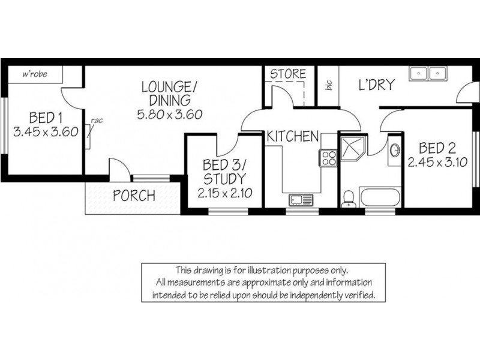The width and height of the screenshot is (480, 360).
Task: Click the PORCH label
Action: point(134,196)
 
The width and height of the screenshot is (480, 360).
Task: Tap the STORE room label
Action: point(287,74)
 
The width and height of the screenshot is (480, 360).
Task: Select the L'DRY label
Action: point(376,85)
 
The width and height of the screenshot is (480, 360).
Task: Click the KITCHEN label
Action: point(292,136)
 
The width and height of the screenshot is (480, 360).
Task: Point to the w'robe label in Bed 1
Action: point(34,74)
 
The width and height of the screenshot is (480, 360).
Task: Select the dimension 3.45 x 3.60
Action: point(46,132)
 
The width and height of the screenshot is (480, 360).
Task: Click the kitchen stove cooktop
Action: point(329,158)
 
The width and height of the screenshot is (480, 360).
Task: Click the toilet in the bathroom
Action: point(347,199)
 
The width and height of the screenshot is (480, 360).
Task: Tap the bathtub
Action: point(379,197)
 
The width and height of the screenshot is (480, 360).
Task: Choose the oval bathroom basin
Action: point(394,150)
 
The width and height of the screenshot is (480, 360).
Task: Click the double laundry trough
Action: point(427,73)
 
